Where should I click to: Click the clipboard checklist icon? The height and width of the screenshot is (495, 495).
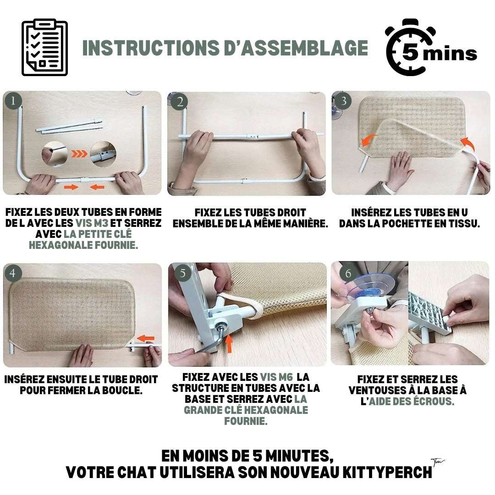coord(44,48)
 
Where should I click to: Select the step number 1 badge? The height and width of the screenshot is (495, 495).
coord(13,101)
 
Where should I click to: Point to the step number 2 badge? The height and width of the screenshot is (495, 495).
coord(180,102)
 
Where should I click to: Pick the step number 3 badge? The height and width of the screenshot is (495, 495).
coord(344,101)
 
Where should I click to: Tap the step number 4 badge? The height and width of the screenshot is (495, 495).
coord(13,273)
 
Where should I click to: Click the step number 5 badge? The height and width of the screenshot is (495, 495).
coord(183,273)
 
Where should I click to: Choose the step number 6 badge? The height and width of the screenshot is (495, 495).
coord(348,273)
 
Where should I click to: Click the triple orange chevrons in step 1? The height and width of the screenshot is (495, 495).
coord(79,154)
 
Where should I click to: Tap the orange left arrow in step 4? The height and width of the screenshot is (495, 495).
coord(146,339)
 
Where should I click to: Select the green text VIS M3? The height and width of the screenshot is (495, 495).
coord(92,223)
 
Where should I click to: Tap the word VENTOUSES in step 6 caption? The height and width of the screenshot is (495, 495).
coord(377,390)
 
